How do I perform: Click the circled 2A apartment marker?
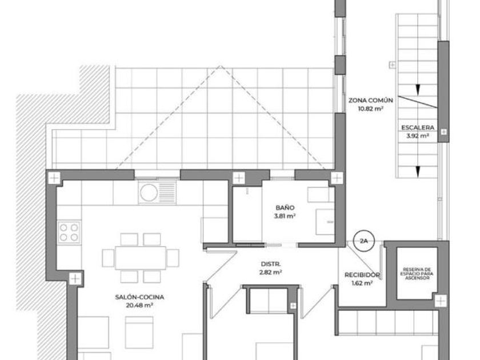363,241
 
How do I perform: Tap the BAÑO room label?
285,208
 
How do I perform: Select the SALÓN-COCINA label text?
139,297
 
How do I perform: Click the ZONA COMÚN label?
371,100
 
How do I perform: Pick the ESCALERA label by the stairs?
418,127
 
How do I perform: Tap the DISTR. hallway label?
271,264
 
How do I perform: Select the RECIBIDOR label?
362,275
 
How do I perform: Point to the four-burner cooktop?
69,233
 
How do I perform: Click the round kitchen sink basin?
149,193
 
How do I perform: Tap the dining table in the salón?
141,258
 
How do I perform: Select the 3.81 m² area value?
285,216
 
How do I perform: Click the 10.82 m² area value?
371,109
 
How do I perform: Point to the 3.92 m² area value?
418,135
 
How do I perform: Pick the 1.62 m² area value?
362,283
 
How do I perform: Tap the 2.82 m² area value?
271,272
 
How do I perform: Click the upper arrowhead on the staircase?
418,90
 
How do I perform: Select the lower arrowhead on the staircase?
418,172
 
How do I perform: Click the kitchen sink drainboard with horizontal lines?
167,193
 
